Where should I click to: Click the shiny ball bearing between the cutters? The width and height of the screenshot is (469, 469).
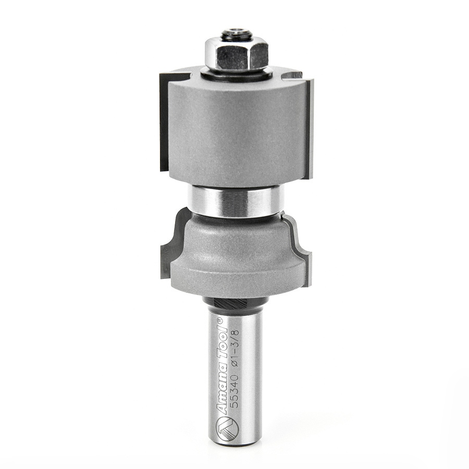coord(236,201)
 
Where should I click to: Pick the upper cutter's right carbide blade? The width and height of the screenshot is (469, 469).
coord(308,128)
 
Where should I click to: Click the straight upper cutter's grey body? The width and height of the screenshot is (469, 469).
coord(237,130)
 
